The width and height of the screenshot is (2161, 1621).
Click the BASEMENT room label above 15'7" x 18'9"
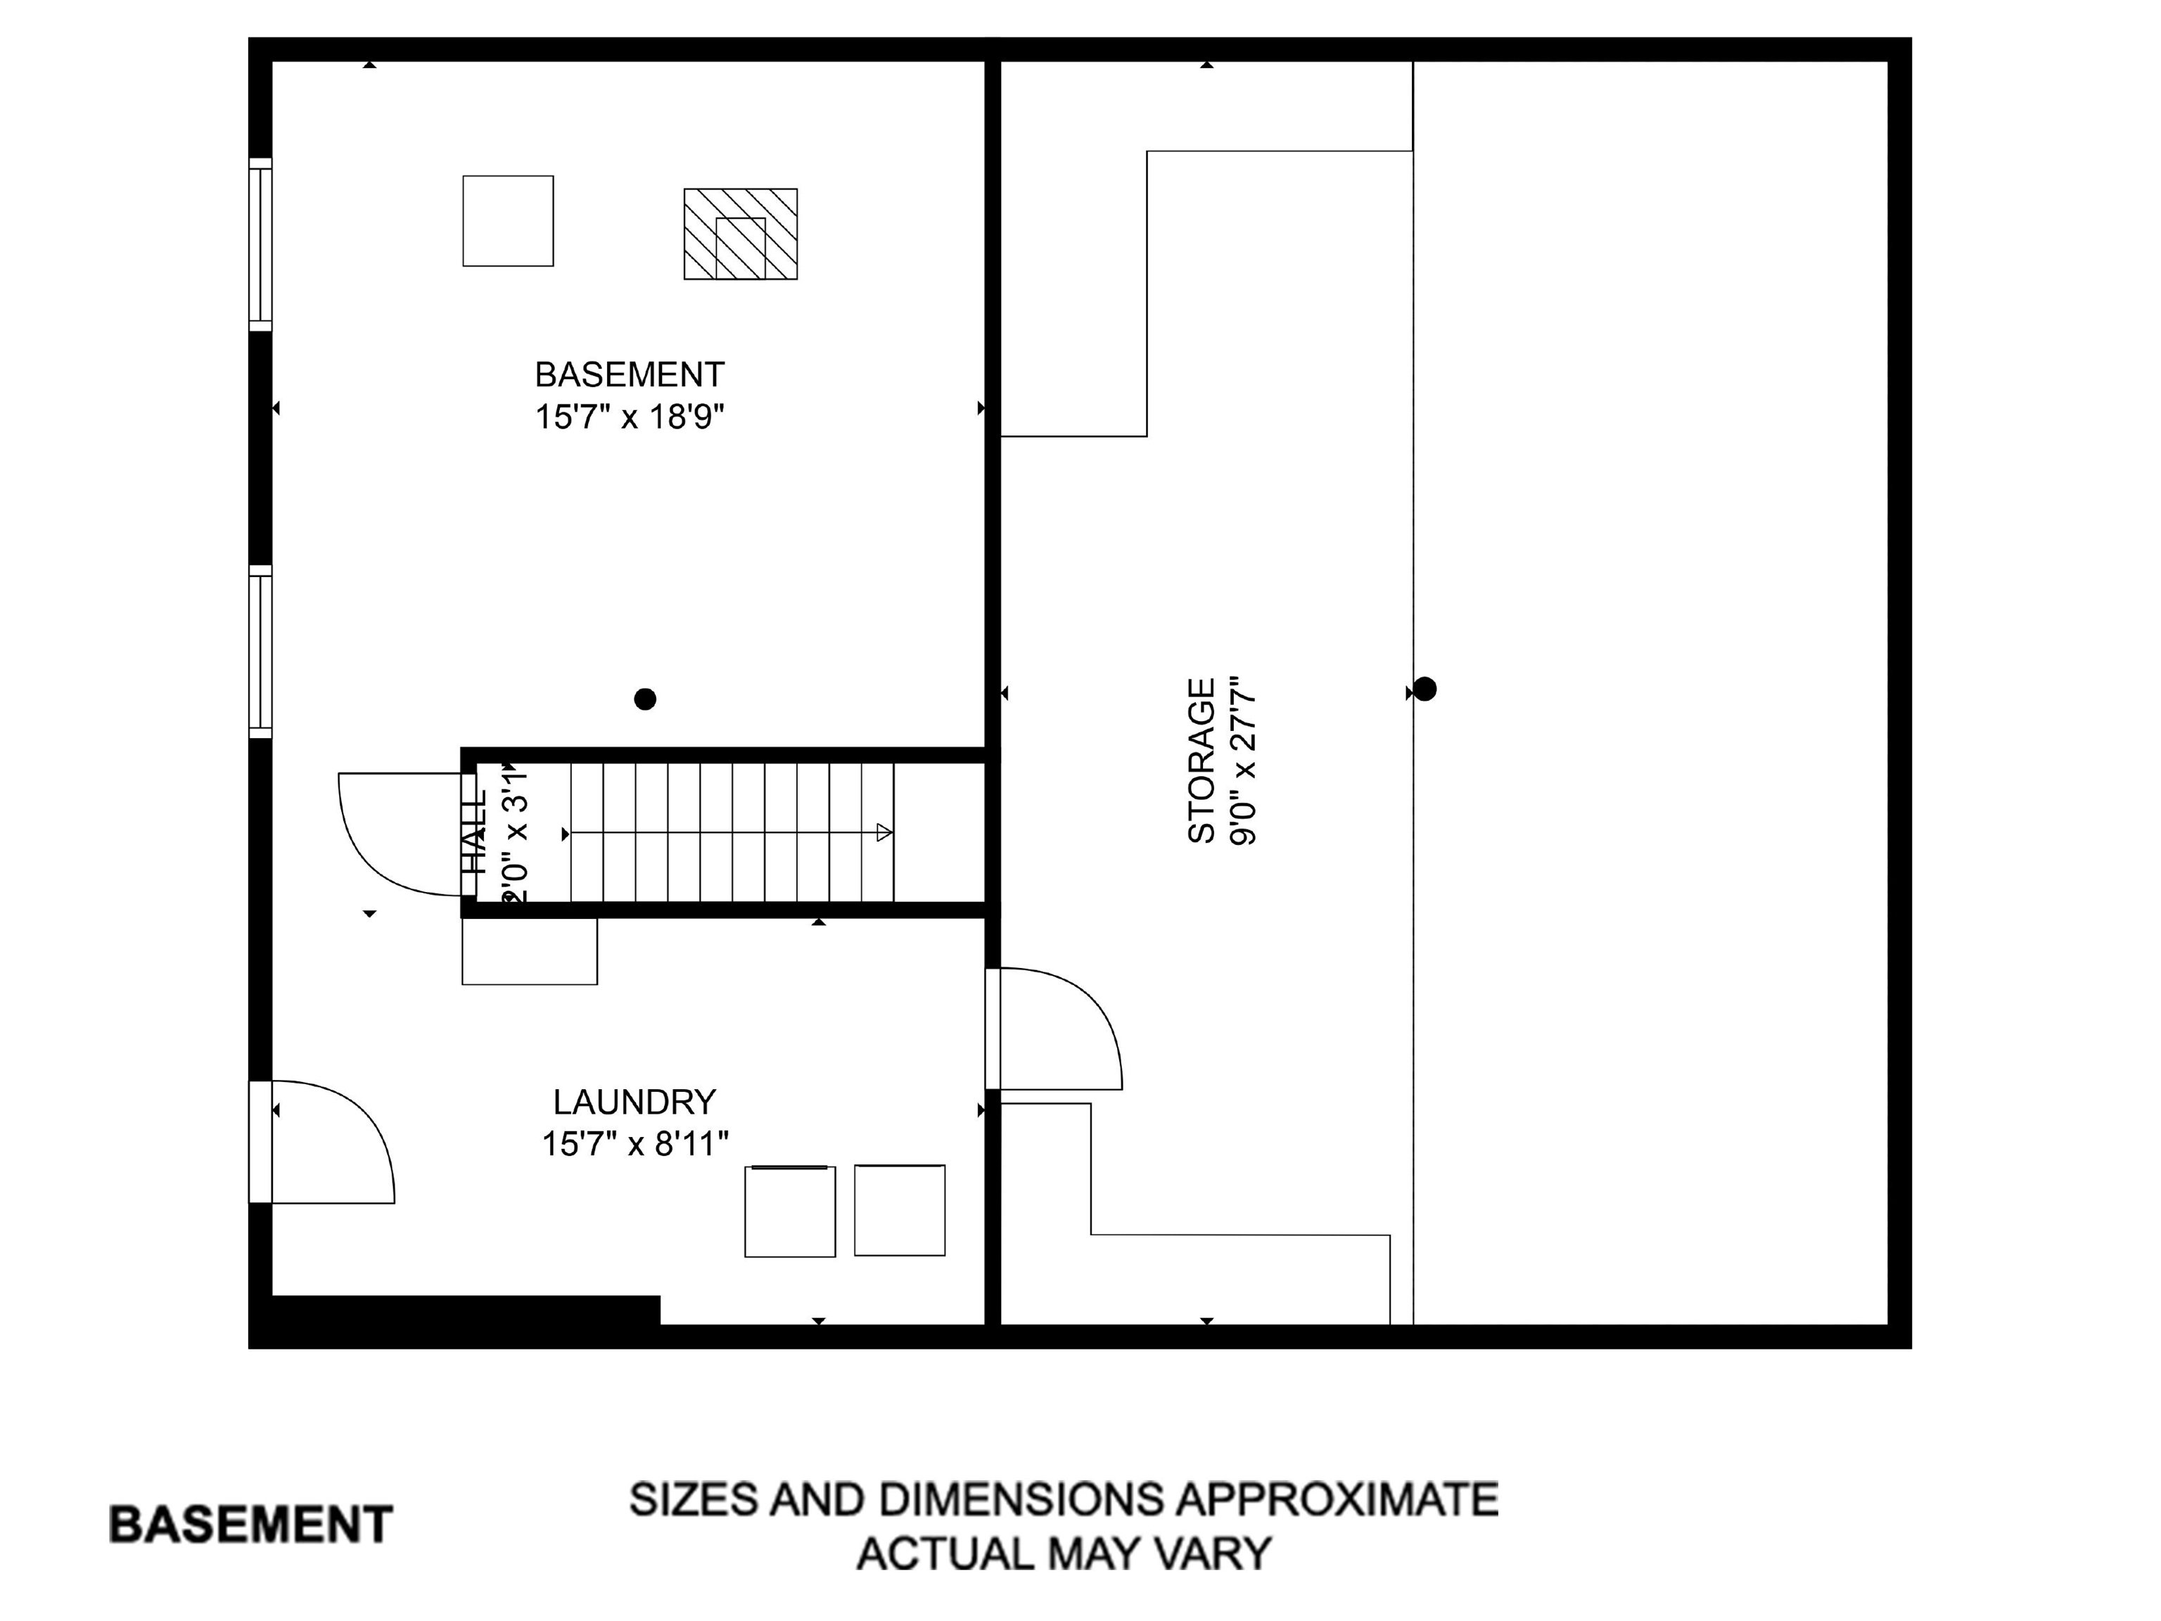click(629, 374)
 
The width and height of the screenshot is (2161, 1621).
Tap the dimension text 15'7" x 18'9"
click(629, 417)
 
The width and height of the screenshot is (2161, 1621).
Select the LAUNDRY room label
click(634, 1102)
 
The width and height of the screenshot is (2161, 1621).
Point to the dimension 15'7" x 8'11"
click(635, 1143)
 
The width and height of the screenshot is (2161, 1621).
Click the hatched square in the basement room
click(741, 234)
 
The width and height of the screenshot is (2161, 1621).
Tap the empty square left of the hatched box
click(508, 221)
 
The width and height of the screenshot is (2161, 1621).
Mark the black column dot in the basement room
click(645, 699)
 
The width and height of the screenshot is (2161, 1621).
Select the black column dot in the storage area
click(1425, 689)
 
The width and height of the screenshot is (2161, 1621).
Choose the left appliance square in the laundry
click(789, 1212)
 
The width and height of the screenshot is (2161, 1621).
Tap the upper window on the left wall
click(260, 244)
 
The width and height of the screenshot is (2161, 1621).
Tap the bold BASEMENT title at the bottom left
click(250, 1525)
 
